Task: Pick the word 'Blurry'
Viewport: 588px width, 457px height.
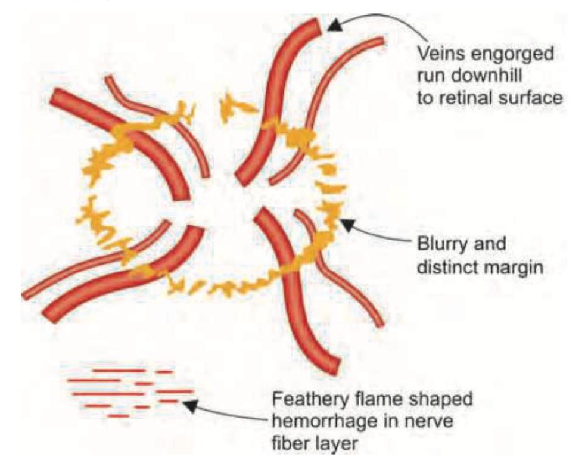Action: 438,244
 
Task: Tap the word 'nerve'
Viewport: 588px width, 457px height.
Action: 429,421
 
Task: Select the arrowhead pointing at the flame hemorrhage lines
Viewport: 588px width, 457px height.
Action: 189,405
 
